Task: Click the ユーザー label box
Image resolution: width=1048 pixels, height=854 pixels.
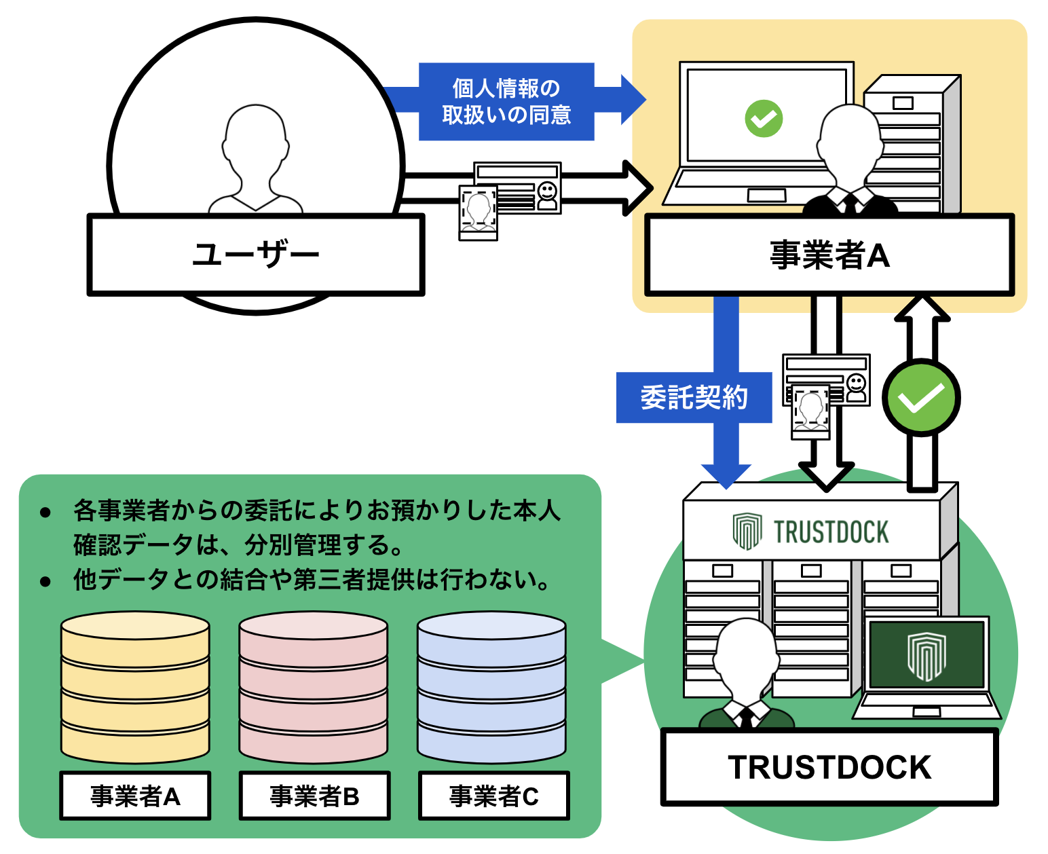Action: [256, 255]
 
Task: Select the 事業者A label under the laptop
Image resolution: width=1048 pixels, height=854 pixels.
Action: [829, 255]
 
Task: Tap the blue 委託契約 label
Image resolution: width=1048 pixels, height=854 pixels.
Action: [694, 398]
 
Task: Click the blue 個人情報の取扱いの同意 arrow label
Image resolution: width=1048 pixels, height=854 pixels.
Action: [506, 102]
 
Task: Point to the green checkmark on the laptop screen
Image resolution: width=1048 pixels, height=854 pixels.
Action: [764, 119]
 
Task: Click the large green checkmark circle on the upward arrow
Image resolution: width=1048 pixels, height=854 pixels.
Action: [921, 398]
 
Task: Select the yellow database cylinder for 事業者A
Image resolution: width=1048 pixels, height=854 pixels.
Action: [135, 687]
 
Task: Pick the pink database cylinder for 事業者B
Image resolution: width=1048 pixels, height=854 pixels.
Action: [314, 687]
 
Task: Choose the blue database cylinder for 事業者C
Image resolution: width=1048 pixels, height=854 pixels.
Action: [491, 687]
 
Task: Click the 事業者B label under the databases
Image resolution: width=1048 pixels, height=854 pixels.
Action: [314, 796]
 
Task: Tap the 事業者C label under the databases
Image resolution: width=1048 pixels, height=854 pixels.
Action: [493, 796]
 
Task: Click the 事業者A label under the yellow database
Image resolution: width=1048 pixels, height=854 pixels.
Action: [135, 796]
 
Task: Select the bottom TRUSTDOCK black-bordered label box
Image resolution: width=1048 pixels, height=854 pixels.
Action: [829, 767]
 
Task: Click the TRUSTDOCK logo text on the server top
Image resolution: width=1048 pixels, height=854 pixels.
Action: [831, 532]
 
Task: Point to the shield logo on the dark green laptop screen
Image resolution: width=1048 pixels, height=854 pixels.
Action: [927, 656]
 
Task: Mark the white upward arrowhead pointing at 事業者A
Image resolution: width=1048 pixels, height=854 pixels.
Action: [922, 309]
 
